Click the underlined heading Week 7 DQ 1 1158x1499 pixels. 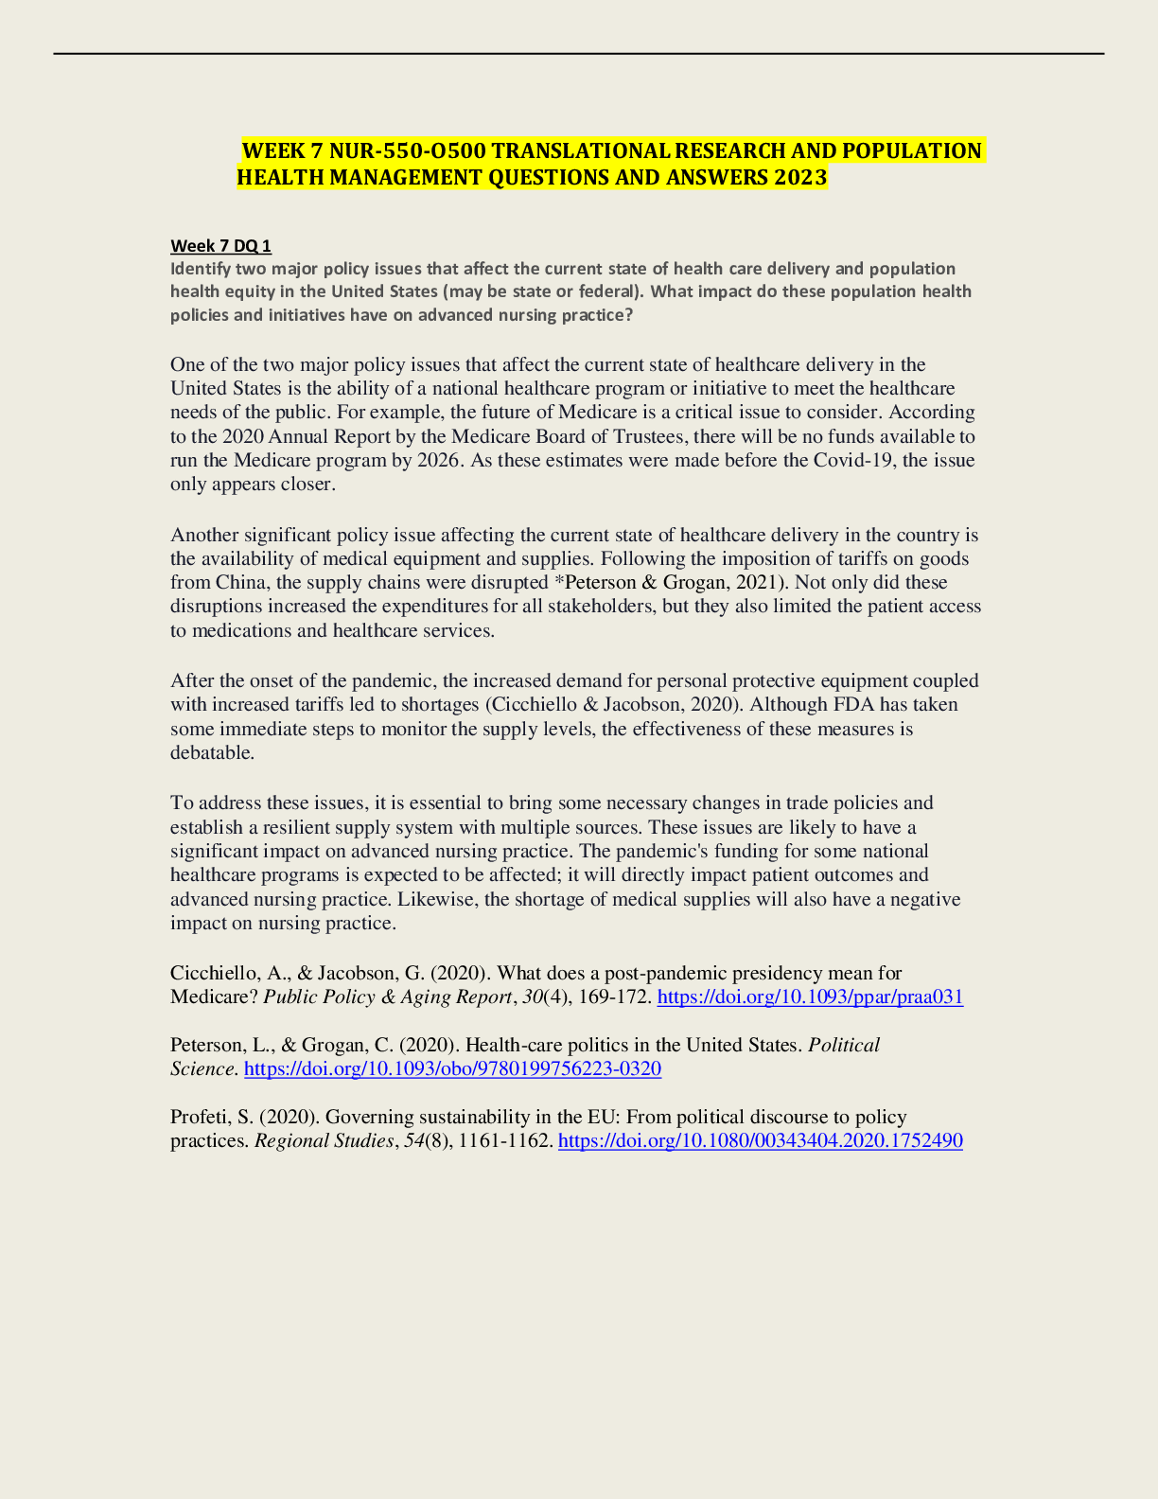coord(220,246)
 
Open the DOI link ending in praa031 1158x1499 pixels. coord(810,996)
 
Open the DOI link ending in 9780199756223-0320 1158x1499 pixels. coord(452,1068)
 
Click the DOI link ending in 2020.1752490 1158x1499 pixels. coord(761,1140)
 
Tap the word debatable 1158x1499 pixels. coord(211,752)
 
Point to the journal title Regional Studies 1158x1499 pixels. coord(323,1140)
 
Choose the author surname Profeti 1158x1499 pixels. coord(199,1117)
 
